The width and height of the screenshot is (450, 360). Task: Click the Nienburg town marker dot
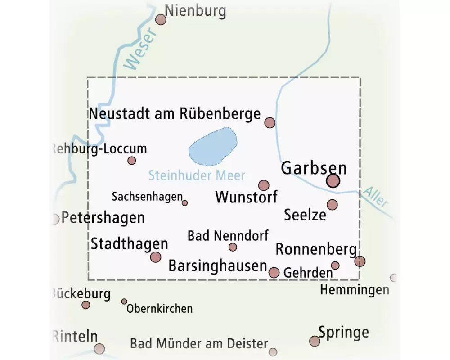coord(161,19)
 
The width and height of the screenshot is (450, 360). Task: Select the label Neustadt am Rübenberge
coord(175,113)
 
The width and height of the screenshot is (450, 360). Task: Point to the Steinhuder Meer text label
coord(197,175)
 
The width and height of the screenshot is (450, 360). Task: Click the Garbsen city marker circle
coord(333,181)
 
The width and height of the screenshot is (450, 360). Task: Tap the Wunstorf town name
coord(246,197)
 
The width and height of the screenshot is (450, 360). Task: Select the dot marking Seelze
coord(332,205)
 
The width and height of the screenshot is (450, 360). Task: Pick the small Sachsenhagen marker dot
coord(184,203)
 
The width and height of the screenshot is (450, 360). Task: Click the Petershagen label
coord(103,218)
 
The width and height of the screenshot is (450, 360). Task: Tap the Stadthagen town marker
coord(156,257)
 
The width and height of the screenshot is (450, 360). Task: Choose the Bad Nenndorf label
coord(228,235)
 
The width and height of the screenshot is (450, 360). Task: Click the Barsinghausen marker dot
coord(274,272)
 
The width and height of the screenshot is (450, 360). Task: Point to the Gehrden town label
coord(308,273)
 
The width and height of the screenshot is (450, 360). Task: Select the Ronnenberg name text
coord(316,249)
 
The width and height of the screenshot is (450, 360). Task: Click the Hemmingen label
coord(355,290)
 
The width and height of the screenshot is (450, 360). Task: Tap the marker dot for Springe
coord(315,341)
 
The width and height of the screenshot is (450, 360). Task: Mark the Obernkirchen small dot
coord(124,301)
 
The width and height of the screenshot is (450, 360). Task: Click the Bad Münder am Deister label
coord(199,344)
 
